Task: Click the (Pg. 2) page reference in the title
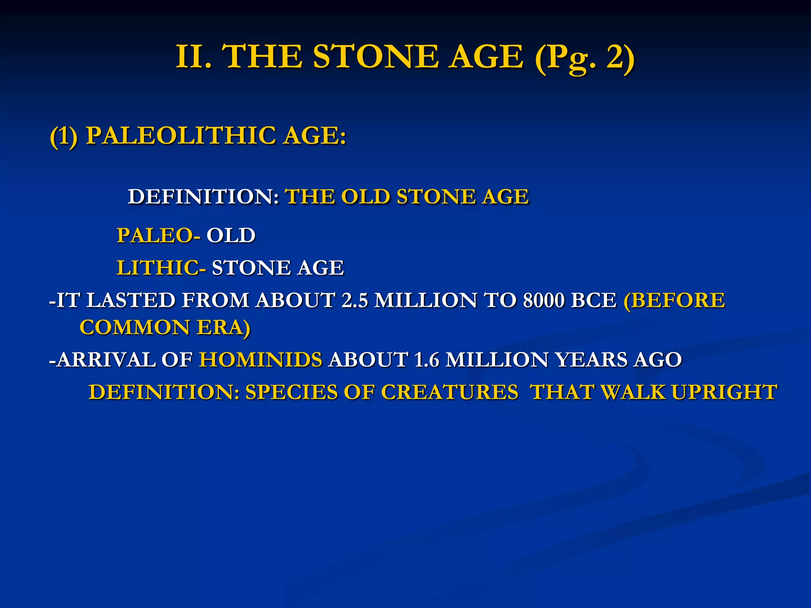pos(584,58)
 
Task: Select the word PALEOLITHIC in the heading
pos(181,135)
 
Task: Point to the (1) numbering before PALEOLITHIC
pos(63,136)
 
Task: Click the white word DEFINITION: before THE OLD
pos(203,197)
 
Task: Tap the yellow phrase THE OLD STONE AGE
pos(407,197)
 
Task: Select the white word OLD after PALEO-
pos(231,236)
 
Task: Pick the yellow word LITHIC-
pos(161,268)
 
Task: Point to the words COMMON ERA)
pos(165,328)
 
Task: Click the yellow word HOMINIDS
pos(261,360)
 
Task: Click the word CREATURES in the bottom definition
pos(449,392)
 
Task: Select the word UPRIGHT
pos(724,392)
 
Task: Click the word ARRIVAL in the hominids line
pos(106,360)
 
